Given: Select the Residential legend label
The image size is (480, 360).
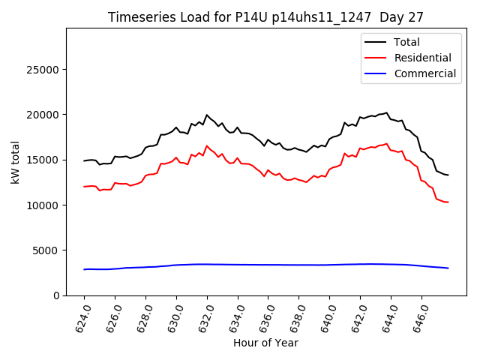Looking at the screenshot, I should click(x=423, y=58).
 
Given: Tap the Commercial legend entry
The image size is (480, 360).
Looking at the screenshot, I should click(x=425, y=73).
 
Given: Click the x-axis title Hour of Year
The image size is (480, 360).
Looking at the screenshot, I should click(x=265, y=343).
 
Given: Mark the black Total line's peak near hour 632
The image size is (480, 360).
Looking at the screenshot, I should click(x=207, y=115).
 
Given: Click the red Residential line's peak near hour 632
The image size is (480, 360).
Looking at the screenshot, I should click(x=207, y=146).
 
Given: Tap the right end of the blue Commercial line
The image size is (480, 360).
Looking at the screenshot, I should click(x=448, y=268).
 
